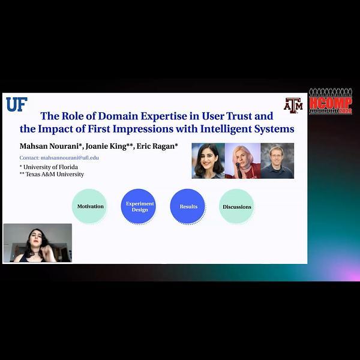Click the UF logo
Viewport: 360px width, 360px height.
coord(16,104)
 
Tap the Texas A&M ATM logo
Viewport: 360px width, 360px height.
coord(293,105)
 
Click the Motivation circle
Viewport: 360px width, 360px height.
coord(90,206)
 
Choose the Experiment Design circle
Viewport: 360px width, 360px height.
coord(139,206)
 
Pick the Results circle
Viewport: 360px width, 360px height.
coord(188,206)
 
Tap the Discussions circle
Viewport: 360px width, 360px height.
coord(237,206)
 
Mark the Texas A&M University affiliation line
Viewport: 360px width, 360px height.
coord(52,174)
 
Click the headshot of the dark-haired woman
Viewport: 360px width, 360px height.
coord(208,161)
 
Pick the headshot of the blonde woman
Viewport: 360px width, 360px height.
coord(242,161)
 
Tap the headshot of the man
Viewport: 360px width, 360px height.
coord(277,161)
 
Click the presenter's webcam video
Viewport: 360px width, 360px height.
coord(37,243)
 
